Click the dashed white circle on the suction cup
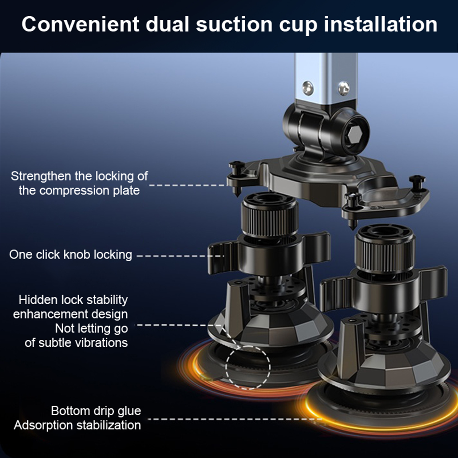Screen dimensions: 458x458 tap(248, 368)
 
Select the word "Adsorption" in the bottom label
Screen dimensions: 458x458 tap(43, 425)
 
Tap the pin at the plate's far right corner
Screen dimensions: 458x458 tap(417, 183)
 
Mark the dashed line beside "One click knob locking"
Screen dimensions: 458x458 tap(180, 256)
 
